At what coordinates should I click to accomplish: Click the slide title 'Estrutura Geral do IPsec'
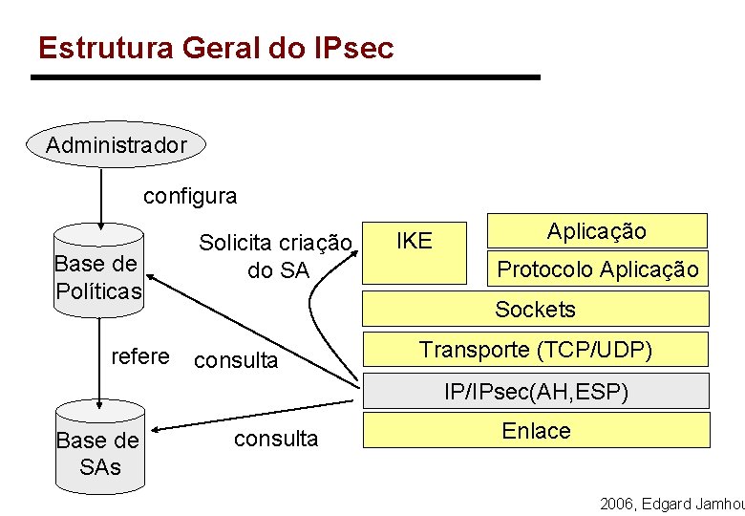click(x=215, y=48)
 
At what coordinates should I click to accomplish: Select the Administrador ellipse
click(x=116, y=145)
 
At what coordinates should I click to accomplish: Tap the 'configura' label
click(x=190, y=197)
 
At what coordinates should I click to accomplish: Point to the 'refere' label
click(x=139, y=357)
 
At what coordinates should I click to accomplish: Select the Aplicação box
click(x=597, y=231)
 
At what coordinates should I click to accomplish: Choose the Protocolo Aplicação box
click(x=597, y=269)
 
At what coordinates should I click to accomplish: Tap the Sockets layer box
click(x=535, y=309)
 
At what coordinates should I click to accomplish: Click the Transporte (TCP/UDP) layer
click(x=535, y=350)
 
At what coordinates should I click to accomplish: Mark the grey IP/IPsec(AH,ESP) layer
click(x=535, y=391)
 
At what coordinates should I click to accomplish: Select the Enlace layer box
click(x=535, y=431)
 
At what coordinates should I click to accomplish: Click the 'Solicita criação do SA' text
click(x=275, y=257)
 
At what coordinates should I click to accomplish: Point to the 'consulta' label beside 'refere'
click(x=235, y=361)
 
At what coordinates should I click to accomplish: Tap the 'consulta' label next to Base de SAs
click(x=276, y=439)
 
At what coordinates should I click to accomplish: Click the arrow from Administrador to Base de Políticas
click(x=99, y=196)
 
